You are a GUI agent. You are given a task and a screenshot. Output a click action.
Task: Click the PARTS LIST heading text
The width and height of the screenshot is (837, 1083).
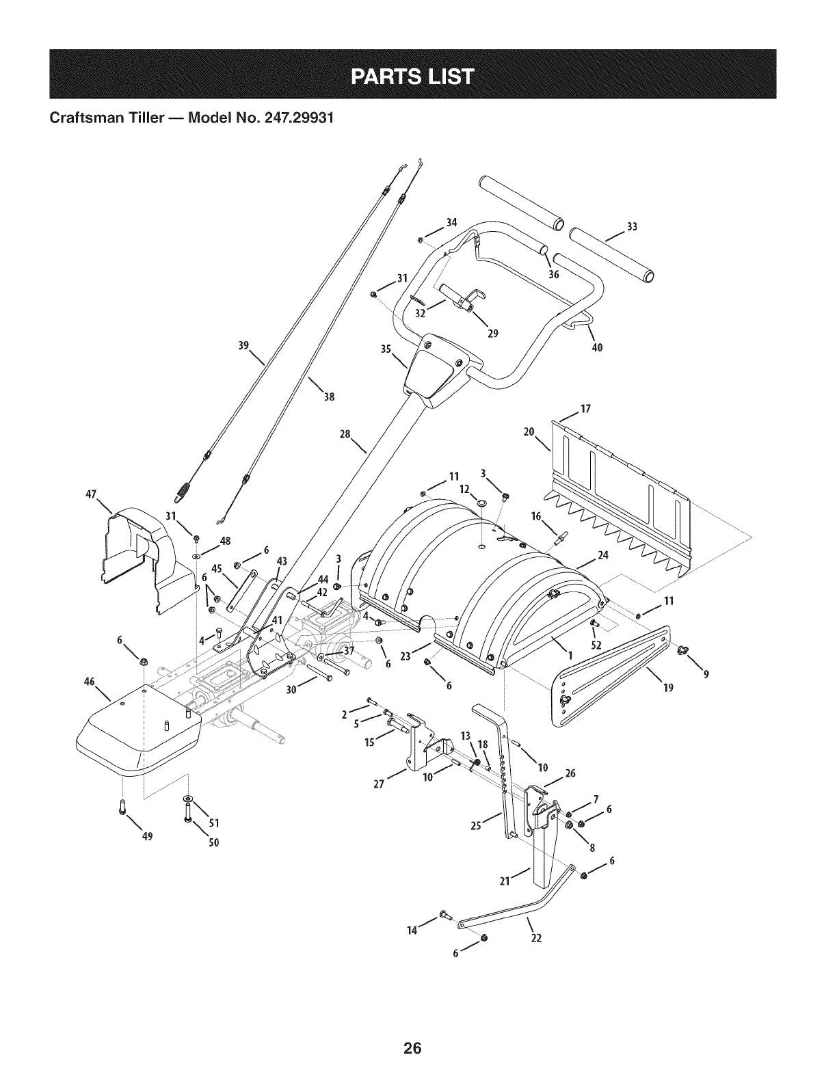(412, 75)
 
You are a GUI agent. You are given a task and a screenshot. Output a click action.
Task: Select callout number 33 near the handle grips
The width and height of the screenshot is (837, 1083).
(631, 227)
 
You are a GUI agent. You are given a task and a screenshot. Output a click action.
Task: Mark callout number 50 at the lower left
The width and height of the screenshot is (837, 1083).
(213, 842)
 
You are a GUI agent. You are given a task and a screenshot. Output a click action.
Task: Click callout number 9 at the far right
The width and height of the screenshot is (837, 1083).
(706, 675)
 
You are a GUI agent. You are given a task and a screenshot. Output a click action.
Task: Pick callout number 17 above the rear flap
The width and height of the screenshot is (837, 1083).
(585, 410)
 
